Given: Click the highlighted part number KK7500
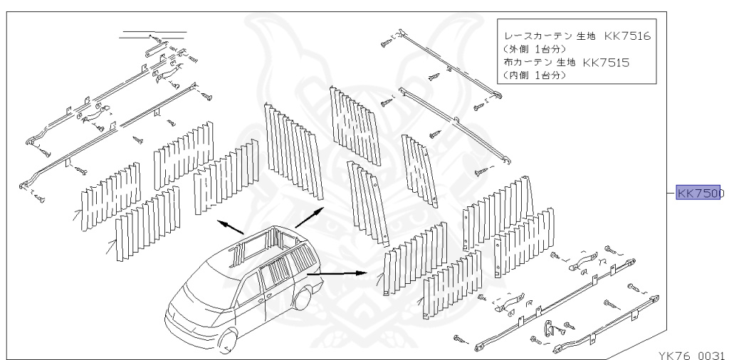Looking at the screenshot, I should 700,193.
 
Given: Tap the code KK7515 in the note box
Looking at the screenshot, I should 606,63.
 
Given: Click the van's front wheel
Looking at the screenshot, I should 227,344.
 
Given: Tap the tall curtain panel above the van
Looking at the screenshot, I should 292,149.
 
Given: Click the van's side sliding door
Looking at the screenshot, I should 278,285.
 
